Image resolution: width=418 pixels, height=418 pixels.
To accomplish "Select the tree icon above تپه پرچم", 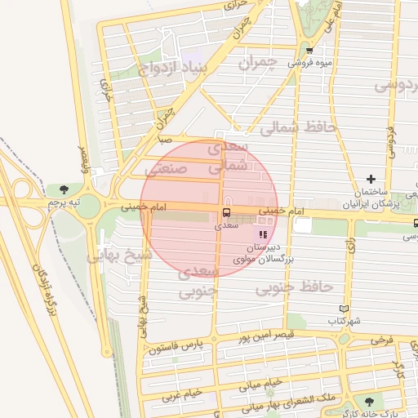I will [x=63, y=189].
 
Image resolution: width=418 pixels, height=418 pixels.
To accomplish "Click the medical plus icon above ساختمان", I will [x=371, y=178].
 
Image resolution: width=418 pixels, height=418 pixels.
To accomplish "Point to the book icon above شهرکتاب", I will [x=344, y=309].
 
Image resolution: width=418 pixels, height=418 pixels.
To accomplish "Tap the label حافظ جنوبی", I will [x=295, y=287].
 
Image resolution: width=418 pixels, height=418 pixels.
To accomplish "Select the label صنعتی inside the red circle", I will [x=167, y=169].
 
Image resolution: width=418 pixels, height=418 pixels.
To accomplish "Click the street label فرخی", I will [x=380, y=338].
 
